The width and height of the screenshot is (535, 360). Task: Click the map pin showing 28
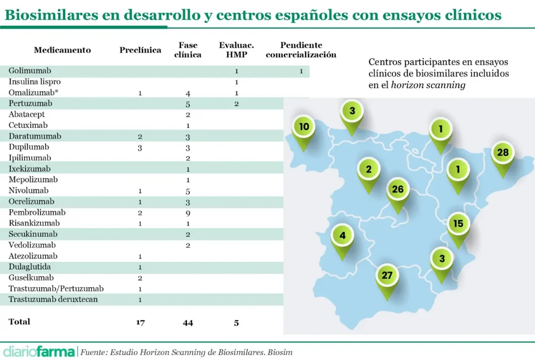tap(503, 153)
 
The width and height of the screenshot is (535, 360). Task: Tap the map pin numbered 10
tap(304, 127)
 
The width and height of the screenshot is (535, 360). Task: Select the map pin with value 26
tap(398, 189)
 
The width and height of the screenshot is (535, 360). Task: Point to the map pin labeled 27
tap(387, 275)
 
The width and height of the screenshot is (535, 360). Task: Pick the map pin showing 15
tap(458, 224)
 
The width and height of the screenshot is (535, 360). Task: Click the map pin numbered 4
tap(343, 235)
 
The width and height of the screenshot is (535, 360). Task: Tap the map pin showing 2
tap(369, 170)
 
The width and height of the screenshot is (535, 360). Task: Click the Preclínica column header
tap(140, 50)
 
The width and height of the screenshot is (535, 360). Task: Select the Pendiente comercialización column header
tap(301, 50)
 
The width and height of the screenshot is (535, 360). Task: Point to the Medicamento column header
tap(62, 50)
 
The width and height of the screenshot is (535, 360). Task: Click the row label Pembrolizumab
tap(37, 212)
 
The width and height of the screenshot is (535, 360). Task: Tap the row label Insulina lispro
tap(35, 82)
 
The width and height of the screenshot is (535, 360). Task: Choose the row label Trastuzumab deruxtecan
tap(53, 299)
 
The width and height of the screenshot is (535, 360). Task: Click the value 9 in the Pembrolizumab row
tap(188, 212)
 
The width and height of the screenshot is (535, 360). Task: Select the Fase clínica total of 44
tap(188, 322)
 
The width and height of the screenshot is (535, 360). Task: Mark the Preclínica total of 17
tap(140, 322)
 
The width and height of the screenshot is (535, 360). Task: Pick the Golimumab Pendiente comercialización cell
tap(301, 71)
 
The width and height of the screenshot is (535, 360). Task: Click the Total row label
tap(19, 322)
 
